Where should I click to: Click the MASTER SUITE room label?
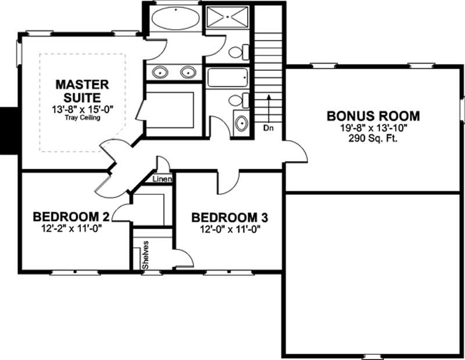click(82, 91)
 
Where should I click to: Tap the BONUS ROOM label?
click(373, 115)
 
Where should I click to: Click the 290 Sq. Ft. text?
click(373, 138)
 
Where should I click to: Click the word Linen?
click(162, 179)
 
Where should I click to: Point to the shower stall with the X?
click(227, 17)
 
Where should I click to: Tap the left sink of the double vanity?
click(159, 73)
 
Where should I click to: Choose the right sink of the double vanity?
click(187, 73)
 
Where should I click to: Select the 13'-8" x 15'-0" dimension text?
click(82, 109)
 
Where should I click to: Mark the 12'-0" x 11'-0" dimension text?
click(230, 229)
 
